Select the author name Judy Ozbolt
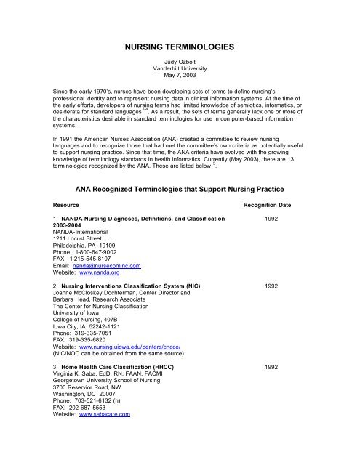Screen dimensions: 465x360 (x=179, y=63)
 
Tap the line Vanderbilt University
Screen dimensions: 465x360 (x=179, y=71)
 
